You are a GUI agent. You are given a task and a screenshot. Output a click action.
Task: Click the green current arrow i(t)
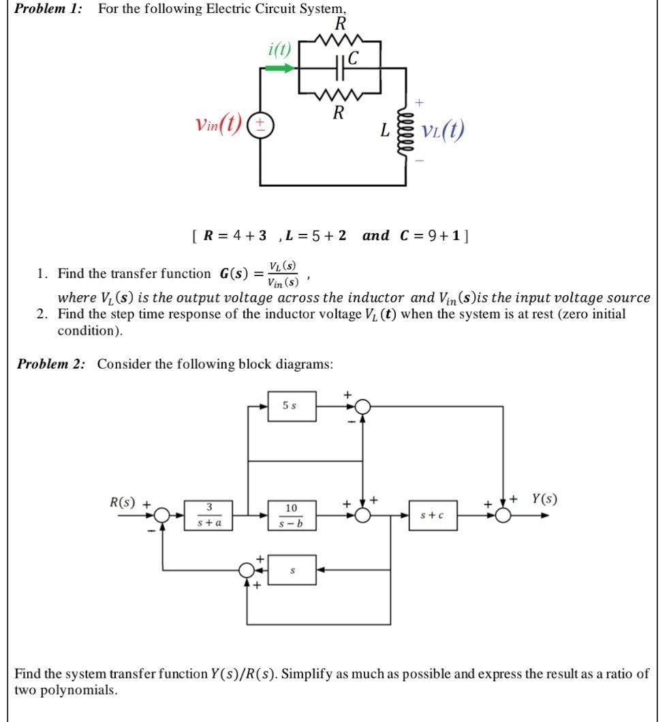pyautogui.click(x=279, y=68)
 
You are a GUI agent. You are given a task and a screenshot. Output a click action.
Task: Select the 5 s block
pyautogui.click(x=292, y=406)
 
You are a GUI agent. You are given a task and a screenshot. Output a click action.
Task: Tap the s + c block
pyautogui.click(x=432, y=515)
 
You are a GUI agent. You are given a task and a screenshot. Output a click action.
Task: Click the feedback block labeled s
pyautogui.click(x=292, y=569)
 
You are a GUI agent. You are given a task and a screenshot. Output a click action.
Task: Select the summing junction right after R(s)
pyautogui.click(x=161, y=516)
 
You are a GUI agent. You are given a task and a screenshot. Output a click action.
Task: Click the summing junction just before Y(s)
pyautogui.click(x=503, y=516)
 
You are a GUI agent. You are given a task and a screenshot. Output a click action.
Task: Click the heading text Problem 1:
pyautogui.click(x=48, y=9)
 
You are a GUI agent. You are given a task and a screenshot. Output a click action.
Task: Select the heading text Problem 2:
pyautogui.click(x=52, y=363)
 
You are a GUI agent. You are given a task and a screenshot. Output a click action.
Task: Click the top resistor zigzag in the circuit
pyautogui.click(x=339, y=43)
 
